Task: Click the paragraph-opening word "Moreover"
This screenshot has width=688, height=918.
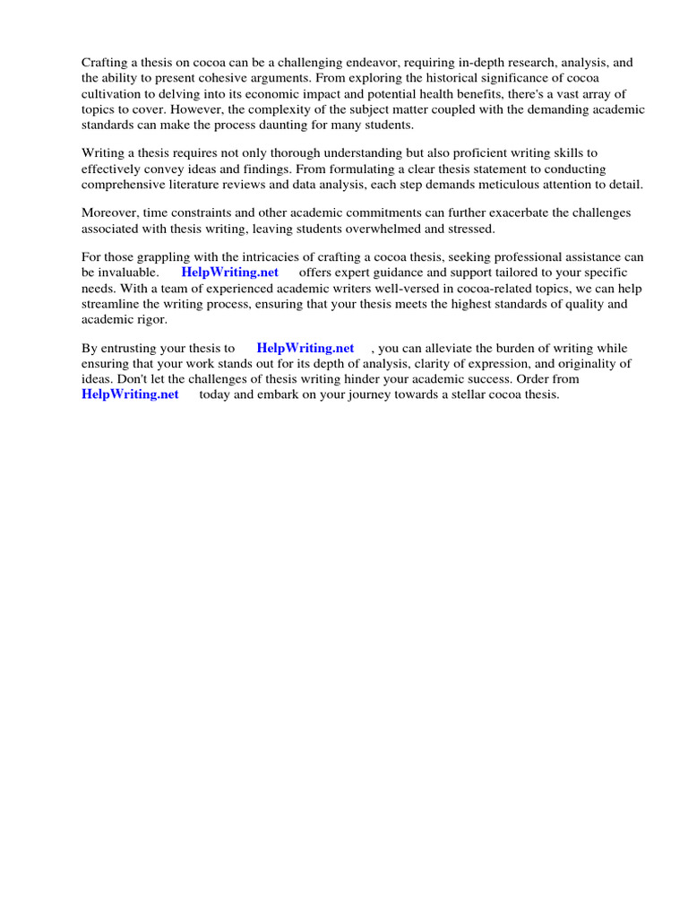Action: click(x=109, y=212)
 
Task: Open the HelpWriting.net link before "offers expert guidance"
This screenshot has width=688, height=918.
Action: click(x=230, y=273)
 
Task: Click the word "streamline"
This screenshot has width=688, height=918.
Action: click(x=111, y=304)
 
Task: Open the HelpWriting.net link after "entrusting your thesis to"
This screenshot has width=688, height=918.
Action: click(x=305, y=348)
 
